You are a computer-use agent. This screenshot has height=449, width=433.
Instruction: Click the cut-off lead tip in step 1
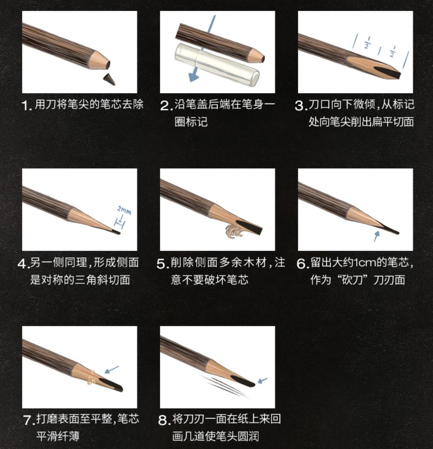point(110,79)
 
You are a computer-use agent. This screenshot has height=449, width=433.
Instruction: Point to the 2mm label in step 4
point(124,211)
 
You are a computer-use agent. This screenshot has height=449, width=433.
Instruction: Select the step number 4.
point(23,264)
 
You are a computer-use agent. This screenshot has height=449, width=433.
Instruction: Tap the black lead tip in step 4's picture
point(116,232)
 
